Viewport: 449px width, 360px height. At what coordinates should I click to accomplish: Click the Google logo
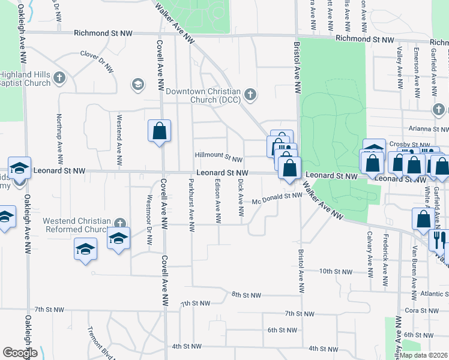tap(20, 353)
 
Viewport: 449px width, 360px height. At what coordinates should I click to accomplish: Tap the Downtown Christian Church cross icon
tap(250, 94)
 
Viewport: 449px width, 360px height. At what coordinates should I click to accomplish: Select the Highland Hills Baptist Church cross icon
tap(59, 77)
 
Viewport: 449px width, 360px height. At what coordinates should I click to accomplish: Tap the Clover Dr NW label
tap(97, 61)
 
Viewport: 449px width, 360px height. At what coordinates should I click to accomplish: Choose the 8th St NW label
tap(246, 295)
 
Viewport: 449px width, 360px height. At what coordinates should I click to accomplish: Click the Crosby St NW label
tap(409, 145)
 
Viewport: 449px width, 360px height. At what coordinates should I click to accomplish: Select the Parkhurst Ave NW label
tap(191, 205)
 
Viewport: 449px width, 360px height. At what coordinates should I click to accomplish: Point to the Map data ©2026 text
tap(424, 355)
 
